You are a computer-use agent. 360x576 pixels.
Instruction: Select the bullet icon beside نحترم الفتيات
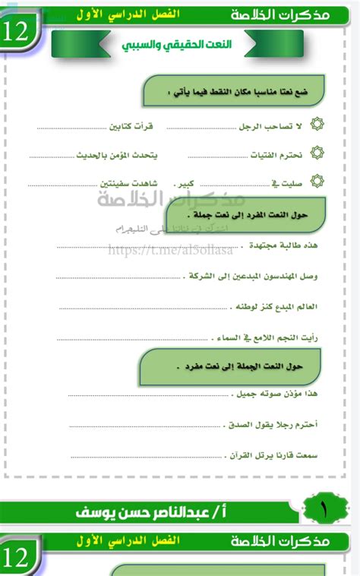point(317,154)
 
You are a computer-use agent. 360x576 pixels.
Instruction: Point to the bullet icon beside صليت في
point(317,182)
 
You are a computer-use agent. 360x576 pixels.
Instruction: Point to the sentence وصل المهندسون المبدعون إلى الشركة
point(251,277)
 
